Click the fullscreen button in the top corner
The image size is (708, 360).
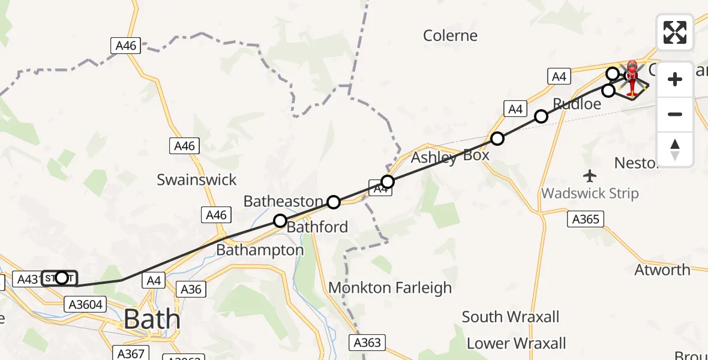674,32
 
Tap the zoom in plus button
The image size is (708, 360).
675,79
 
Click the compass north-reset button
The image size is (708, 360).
675,149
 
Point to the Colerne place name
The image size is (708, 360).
450,35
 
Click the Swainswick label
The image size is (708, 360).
197,179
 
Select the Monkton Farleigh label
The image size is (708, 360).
390,288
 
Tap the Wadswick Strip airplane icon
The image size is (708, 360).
590,176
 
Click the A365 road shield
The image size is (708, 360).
585,220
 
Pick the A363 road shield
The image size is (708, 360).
367,343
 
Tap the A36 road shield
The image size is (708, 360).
191,289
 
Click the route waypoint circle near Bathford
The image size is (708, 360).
280,221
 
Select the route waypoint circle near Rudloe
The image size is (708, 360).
541,116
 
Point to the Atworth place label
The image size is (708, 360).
662,270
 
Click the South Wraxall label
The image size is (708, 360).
511,317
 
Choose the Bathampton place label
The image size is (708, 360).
260,250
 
